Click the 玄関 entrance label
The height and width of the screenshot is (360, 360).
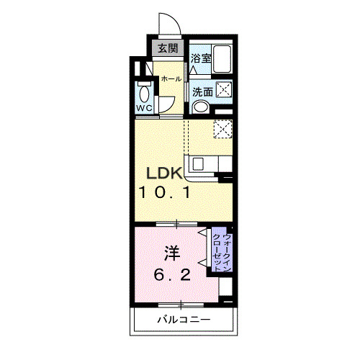(x=168, y=49)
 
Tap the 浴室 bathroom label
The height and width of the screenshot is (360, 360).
(x=201, y=58)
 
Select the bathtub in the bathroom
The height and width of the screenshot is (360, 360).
(x=222, y=58)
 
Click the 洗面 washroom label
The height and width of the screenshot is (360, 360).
(x=203, y=92)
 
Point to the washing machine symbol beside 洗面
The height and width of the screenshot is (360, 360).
(x=224, y=89)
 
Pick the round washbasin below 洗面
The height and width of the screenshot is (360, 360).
(x=201, y=107)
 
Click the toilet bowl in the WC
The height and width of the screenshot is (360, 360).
(x=144, y=94)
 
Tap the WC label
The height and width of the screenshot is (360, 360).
(x=144, y=108)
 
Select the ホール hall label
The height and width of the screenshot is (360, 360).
(x=171, y=78)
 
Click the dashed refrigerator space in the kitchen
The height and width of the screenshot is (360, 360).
(x=223, y=129)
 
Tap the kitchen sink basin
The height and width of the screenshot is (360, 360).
(x=198, y=164)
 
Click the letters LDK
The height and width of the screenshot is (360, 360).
(x=164, y=174)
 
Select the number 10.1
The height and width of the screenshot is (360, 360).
(x=164, y=192)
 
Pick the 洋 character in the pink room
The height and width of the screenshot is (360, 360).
(x=172, y=253)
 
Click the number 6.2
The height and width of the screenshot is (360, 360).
(x=172, y=275)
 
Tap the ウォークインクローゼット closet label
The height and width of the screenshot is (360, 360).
(x=222, y=253)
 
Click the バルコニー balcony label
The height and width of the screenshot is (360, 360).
(x=184, y=320)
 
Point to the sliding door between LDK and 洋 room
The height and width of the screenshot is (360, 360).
(x=176, y=224)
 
